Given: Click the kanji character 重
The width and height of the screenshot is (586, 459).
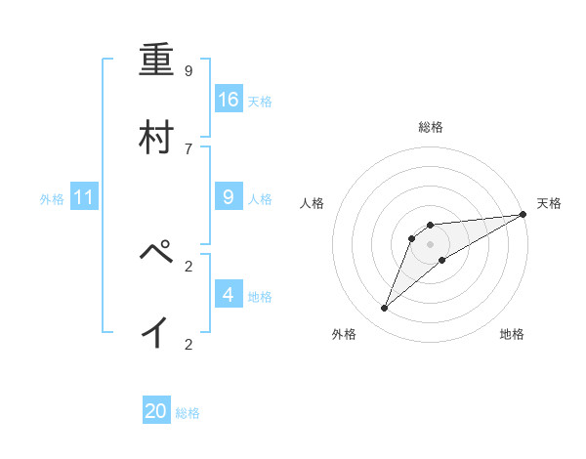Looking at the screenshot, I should click(x=157, y=63).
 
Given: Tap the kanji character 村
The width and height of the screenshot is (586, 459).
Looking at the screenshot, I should click(x=157, y=138).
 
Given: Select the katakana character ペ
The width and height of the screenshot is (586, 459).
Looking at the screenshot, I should click(x=157, y=256).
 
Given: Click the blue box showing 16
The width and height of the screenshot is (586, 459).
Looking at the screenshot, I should click(x=229, y=100).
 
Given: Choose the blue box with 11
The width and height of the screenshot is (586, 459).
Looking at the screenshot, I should click(x=84, y=197).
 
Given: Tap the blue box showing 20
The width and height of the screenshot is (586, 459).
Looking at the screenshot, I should click(x=156, y=411).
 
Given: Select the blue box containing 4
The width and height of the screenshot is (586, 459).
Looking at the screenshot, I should click(x=229, y=295).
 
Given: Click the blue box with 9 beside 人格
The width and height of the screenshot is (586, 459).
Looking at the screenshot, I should click(x=229, y=197).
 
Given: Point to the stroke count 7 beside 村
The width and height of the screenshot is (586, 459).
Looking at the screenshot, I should click(x=188, y=148).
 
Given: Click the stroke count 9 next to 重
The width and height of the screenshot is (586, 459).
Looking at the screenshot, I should click(x=188, y=71).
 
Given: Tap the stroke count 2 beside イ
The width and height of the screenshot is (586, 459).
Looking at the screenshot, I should click(x=188, y=344).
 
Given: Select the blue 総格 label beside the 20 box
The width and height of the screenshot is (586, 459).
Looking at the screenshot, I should click(x=188, y=413).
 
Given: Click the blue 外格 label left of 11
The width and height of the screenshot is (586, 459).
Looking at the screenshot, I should click(x=52, y=198).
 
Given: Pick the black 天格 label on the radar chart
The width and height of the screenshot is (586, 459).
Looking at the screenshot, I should click(x=549, y=203).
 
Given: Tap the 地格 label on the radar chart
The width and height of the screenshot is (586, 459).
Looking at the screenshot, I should click(x=512, y=334).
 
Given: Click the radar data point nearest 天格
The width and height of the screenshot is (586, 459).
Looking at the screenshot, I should click(x=523, y=214).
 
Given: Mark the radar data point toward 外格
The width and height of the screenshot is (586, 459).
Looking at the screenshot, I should click(x=385, y=309).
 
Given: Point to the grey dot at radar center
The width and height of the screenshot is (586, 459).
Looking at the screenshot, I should click(x=431, y=244).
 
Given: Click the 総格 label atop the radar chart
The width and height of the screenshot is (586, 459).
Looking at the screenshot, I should click(x=431, y=127).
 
